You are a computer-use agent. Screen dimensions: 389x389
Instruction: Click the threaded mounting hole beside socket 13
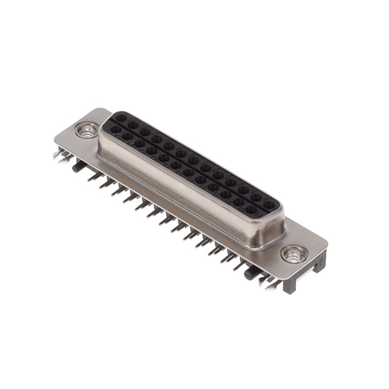(x=88, y=130)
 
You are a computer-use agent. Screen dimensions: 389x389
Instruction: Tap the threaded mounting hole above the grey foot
(x=294, y=254)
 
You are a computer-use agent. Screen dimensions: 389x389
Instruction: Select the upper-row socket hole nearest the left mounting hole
(x=121, y=118)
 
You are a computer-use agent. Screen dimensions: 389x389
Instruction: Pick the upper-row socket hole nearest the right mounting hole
(x=269, y=205)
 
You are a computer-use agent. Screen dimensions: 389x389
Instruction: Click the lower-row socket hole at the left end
(x=116, y=129)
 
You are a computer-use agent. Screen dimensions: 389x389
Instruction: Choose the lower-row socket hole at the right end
(x=251, y=210)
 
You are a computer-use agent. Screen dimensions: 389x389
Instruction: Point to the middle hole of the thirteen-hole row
(x=193, y=160)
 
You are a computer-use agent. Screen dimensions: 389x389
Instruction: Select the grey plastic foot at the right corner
(x=319, y=265)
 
